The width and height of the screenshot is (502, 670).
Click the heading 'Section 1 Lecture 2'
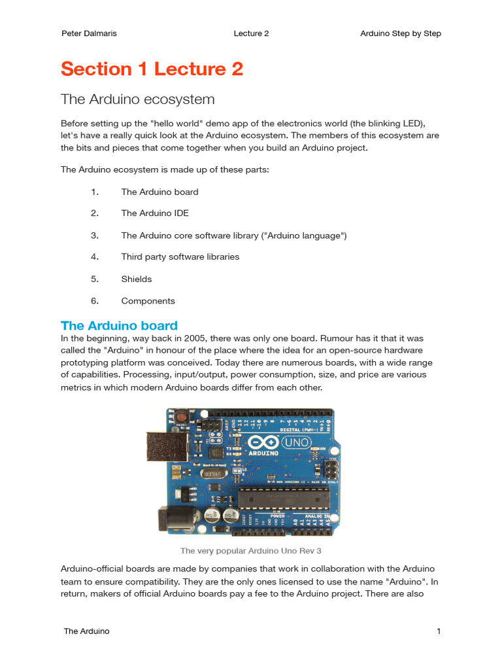(152, 69)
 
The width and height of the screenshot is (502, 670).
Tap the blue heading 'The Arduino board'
(119, 325)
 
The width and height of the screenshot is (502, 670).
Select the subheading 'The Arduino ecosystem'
(137, 99)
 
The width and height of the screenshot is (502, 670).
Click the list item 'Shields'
(136, 279)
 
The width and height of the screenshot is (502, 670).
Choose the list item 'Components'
(148, 301)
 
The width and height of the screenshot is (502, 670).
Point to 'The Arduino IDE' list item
(154, 213)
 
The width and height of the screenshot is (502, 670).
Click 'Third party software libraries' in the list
(180, 257)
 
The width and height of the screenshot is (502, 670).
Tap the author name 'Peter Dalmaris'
(88, 33)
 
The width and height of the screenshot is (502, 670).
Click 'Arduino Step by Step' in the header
(400, 33)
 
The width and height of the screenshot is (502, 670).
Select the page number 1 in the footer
(439, 631)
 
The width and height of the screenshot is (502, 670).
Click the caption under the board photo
(250, 550)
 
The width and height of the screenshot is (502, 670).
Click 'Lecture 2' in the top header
(251, 33)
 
